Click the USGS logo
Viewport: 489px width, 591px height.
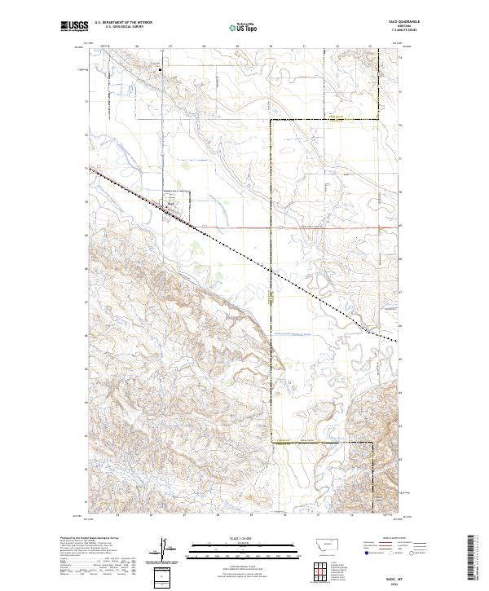click(74, 27)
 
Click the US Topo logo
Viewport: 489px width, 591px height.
click(244, 27)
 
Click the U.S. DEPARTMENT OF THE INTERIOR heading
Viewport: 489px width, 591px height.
click(123, 24)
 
